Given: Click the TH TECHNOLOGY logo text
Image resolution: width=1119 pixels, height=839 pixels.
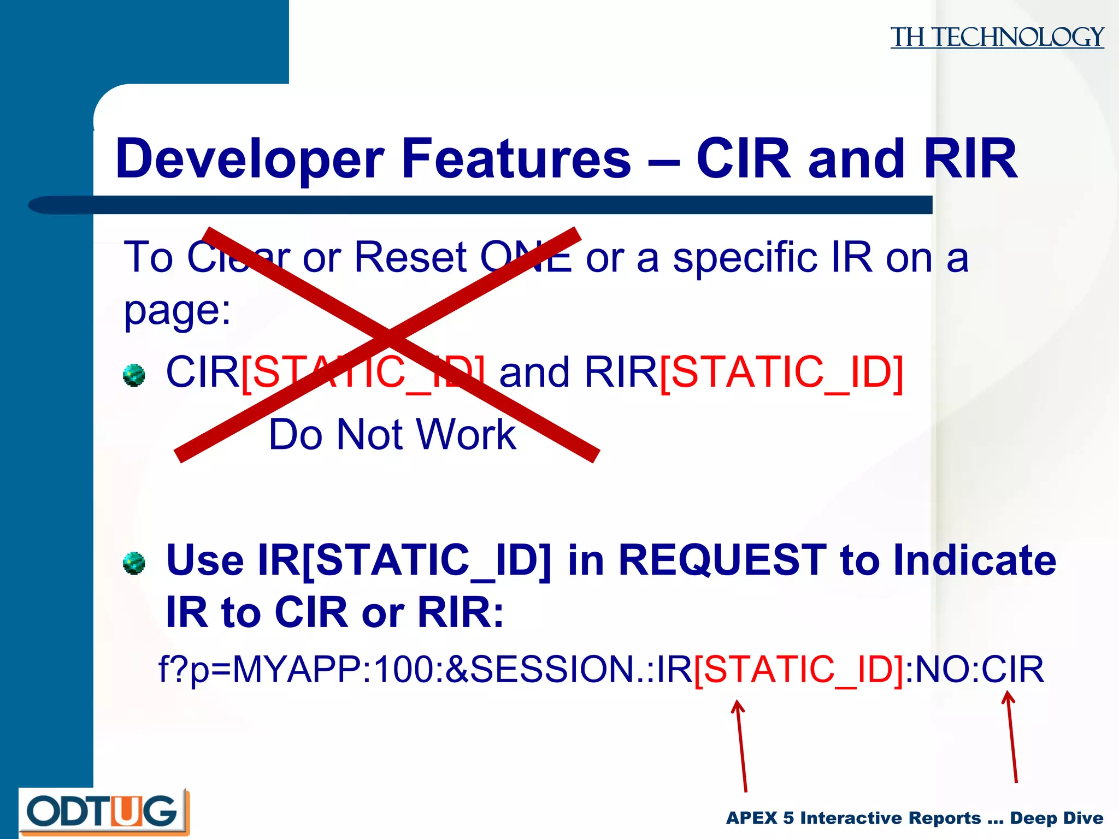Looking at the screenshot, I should click(997, 37).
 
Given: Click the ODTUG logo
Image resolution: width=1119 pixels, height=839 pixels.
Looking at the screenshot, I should click(103, 811).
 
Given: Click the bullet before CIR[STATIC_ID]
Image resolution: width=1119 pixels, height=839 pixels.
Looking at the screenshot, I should click(134, 375).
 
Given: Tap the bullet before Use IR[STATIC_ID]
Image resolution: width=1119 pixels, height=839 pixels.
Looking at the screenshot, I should click(134, 563).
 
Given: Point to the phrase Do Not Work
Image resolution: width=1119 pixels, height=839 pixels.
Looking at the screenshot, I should click(392, 434).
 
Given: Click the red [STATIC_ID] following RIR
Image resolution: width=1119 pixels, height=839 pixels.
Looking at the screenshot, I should click(781, 373).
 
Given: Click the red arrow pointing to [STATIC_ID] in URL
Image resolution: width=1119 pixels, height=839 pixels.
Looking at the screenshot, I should click(741, 746).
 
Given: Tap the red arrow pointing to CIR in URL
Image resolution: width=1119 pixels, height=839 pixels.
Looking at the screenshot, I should click(1012, 737).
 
